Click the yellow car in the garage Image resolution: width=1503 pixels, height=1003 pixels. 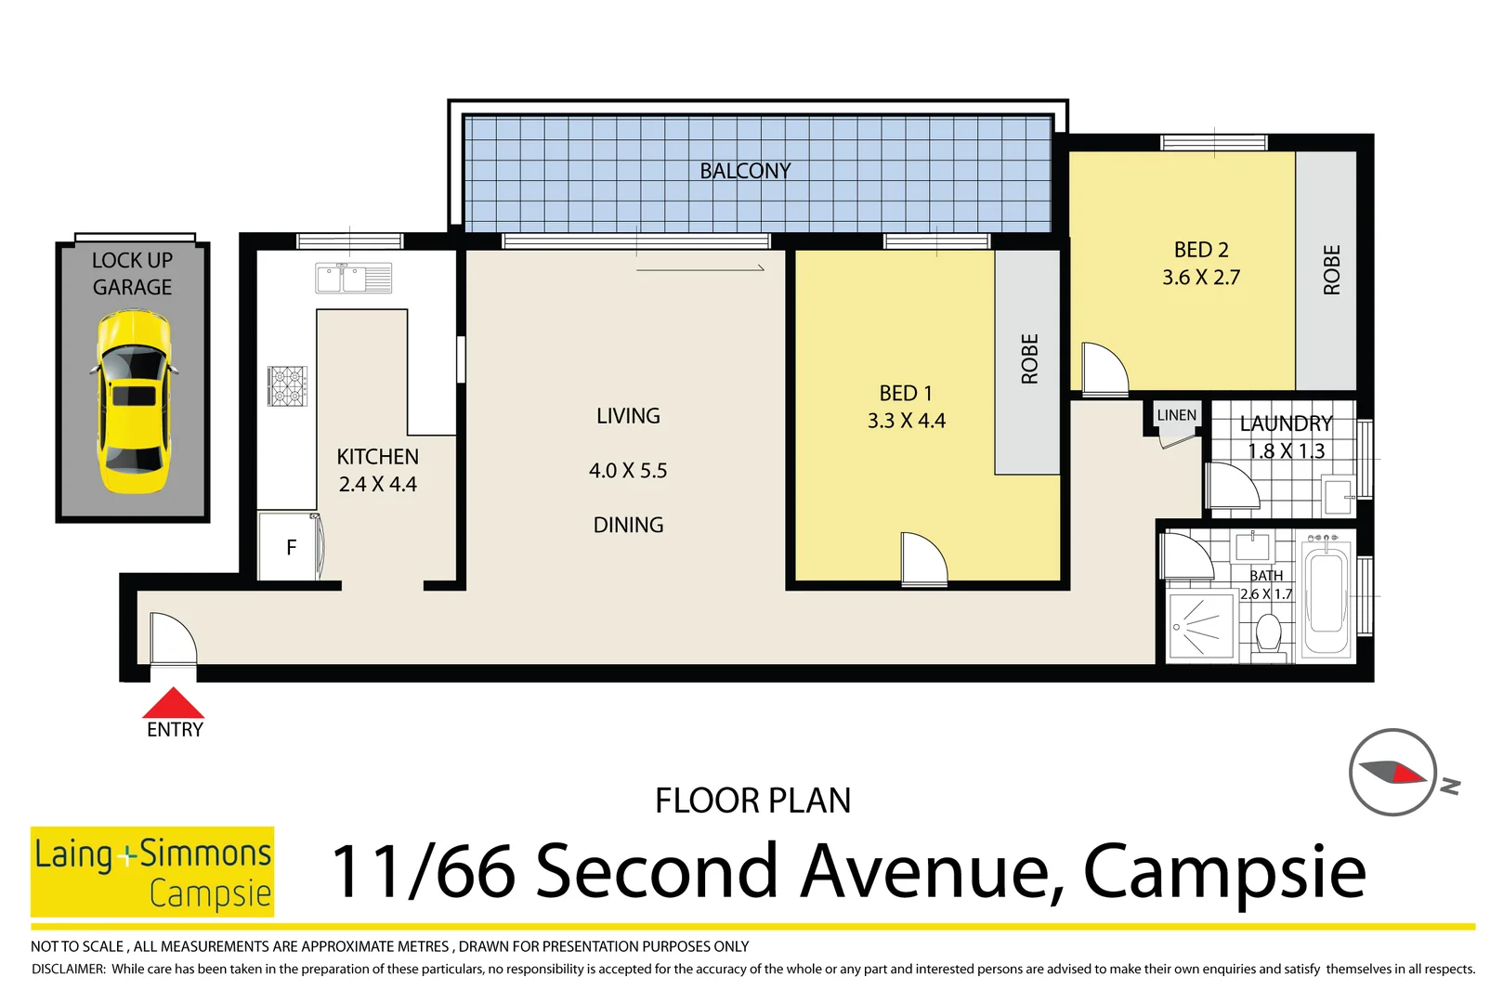tap(134, 402)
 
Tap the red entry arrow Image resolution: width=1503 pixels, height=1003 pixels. tap(173, 704)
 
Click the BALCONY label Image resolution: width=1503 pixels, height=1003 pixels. tap(745, 171)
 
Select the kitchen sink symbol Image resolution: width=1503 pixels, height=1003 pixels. tap(353, 278)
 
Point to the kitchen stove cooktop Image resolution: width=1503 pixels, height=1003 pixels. tap(287, 385)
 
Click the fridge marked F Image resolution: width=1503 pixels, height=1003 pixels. tap(291, 548)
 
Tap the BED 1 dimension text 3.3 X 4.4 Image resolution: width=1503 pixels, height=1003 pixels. tap(906, 421)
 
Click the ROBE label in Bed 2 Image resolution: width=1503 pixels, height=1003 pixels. tap(1331, 270)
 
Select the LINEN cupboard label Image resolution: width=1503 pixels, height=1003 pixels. tap(1176, 415)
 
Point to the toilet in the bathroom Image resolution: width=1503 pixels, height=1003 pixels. tap(1268, 635)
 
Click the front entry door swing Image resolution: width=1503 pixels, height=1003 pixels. tap(173, 639)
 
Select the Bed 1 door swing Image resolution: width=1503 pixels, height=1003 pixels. tap(923, 559)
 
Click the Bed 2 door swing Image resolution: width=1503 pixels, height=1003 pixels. tap(1104, 369)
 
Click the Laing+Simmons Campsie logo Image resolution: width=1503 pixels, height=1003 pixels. tap(152, 871)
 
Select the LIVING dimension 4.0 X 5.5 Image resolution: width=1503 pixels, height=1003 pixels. tap(628, 471)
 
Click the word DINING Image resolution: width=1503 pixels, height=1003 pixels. tap(628, 525)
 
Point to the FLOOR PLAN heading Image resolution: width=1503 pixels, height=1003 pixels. tap(752, 801)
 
